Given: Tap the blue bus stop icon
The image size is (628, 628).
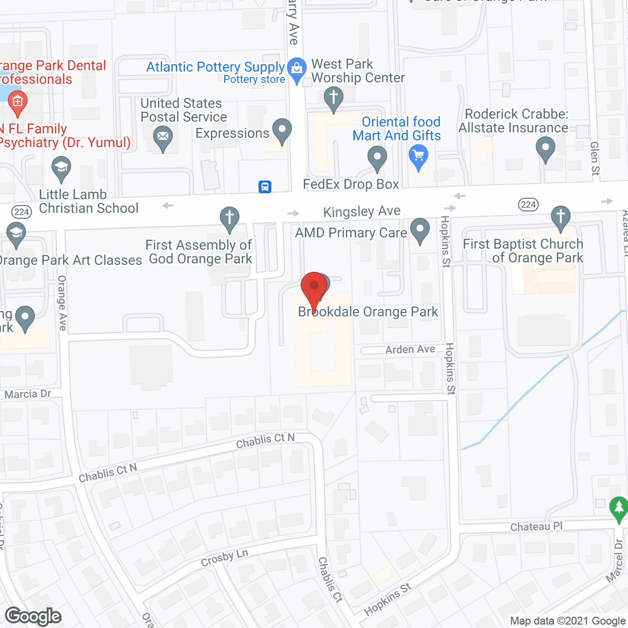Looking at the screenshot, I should coord(265,186).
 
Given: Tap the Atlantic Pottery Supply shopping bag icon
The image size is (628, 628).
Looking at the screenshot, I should coord(296,70).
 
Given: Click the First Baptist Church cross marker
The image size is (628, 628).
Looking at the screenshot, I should coord(560,217).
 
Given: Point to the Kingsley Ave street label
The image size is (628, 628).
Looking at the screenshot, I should coord(362,211).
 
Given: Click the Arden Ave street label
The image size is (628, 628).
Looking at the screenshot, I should coord(410,349).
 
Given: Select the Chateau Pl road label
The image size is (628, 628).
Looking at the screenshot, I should coord(536,526).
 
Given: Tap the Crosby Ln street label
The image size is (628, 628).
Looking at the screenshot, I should coord(225,558).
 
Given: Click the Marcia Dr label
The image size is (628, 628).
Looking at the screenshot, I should coord(27,394).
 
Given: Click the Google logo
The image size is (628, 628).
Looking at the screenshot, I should coord(33,616).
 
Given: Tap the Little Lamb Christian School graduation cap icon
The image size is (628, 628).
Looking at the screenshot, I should coord(61,168).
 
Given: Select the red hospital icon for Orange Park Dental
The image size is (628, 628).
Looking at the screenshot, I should coord(18,103).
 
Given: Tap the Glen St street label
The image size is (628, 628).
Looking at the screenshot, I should coord(595,158).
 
